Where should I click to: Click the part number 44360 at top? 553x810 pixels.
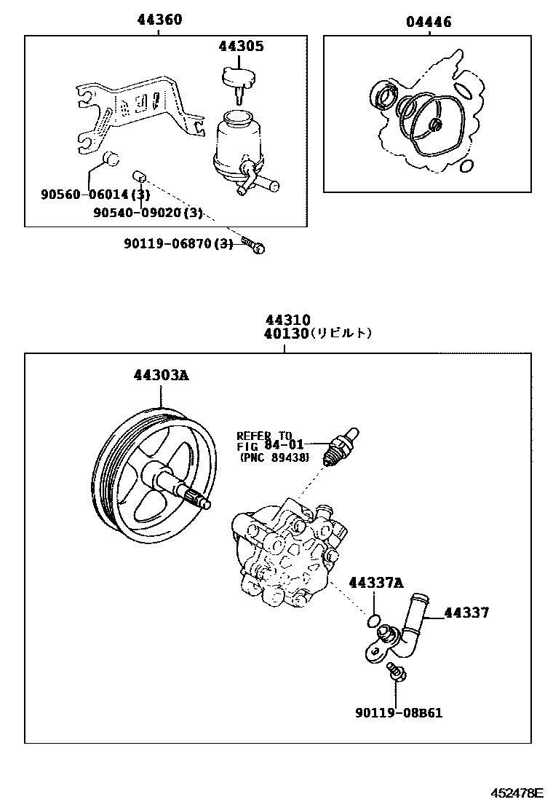[x=160, y=20]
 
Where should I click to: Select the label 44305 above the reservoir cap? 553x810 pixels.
[x=241, y=47]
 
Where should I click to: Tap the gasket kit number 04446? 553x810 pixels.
[x=429, y=22]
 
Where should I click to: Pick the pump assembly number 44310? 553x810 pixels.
[x=288, y=321]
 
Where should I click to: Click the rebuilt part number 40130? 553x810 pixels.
[x=288, y=334]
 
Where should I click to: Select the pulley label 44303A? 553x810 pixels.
[x=161, y=376]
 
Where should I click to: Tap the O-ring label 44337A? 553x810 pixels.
[x=375, y=583]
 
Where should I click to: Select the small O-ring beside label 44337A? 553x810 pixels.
[x=373, y=621]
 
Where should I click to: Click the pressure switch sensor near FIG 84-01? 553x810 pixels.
[x=341, y=441]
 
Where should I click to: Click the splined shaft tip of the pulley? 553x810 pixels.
[x=201, y=500]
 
